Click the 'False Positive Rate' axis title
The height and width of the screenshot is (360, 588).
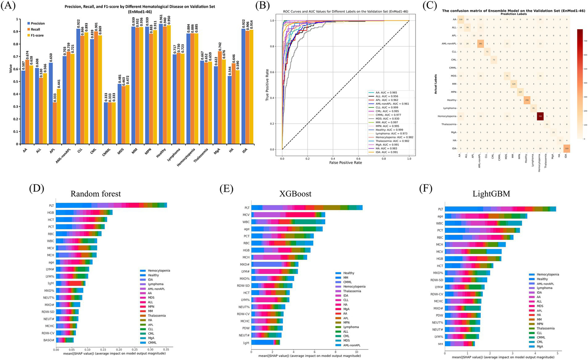[346, 163]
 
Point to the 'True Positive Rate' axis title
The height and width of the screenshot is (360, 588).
[267, 85]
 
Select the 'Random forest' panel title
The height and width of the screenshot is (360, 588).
[96, 194]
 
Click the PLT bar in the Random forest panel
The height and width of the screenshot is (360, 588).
[111, 205]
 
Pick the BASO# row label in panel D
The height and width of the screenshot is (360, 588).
[48, 340]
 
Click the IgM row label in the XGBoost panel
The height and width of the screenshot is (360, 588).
[246, 342]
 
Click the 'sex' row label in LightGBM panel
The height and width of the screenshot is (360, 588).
[440, 344]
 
